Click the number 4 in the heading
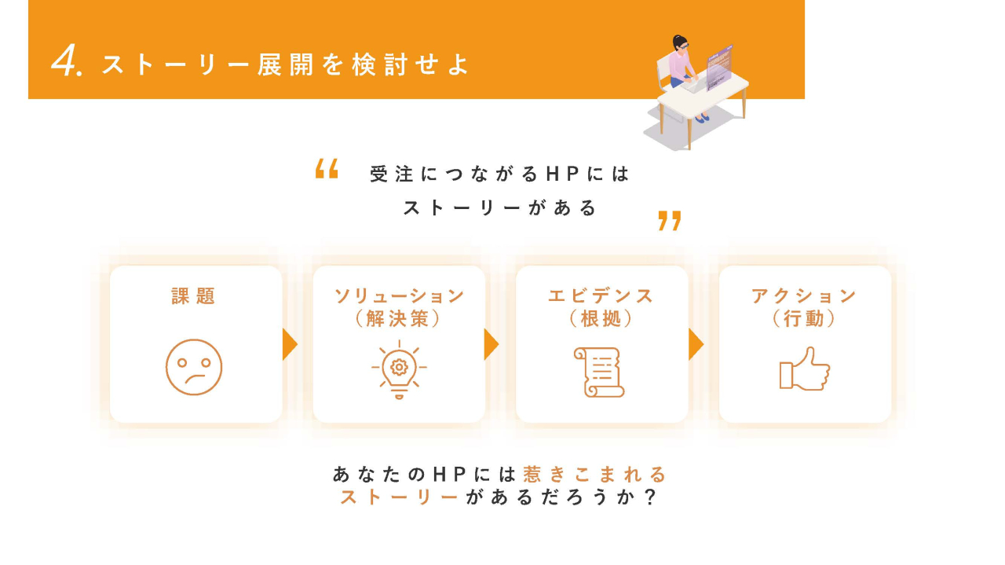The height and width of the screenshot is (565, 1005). coord(65,61)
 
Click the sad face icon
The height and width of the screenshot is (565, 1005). coord(194,367)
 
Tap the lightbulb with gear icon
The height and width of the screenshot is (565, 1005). coord(399,369)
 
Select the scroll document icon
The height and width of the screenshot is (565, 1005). coord(599,372)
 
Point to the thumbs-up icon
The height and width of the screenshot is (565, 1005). coord(805,369)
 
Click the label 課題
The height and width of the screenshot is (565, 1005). coord(193,296)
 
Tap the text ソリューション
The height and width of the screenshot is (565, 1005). coord(399,296)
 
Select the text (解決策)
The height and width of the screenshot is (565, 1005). coord(398,319)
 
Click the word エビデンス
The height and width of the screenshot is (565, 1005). coord(601,296)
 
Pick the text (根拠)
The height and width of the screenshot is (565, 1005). coord(601,319)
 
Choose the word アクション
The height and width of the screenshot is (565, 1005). coord(804,296)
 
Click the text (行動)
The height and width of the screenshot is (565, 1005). coord(803,319)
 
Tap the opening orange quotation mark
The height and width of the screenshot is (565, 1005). coord(327,168)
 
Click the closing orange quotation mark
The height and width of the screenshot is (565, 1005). coord(670,221)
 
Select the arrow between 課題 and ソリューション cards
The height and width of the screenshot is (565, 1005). coord(290,344)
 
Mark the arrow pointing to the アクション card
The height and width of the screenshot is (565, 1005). coord(696,344)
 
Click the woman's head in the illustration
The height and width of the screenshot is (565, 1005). coord(680,44)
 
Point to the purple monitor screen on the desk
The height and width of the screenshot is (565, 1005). coord(719,68)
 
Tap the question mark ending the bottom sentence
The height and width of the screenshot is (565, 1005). coord(650,497)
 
